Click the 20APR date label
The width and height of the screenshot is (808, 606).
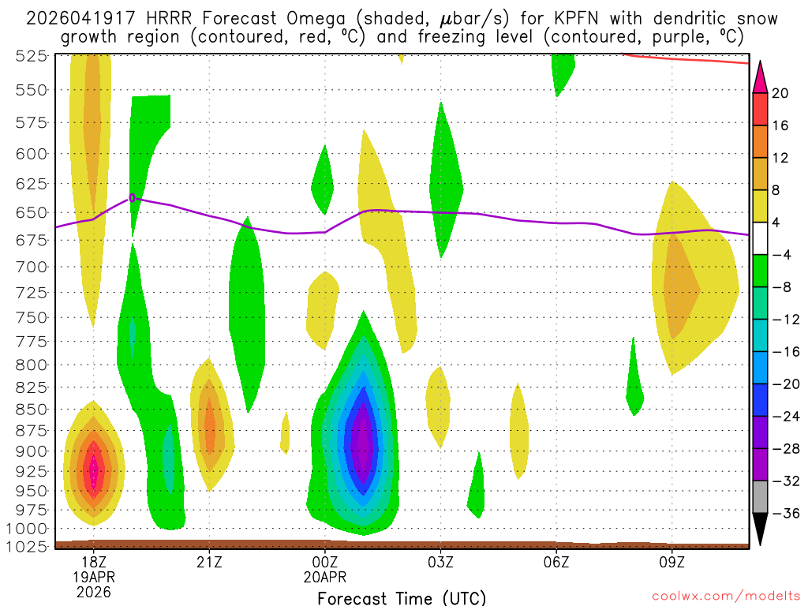(325, 578)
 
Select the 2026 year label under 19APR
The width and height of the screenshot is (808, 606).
(94, 591)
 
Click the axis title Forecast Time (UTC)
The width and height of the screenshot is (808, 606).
(402, 597)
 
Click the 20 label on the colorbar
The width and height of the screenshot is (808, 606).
(781, 93)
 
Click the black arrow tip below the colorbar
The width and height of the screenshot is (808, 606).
(760, 541)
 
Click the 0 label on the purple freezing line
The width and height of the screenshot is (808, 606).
(133, 197)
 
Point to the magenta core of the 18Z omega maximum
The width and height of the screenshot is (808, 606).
(94, 472)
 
